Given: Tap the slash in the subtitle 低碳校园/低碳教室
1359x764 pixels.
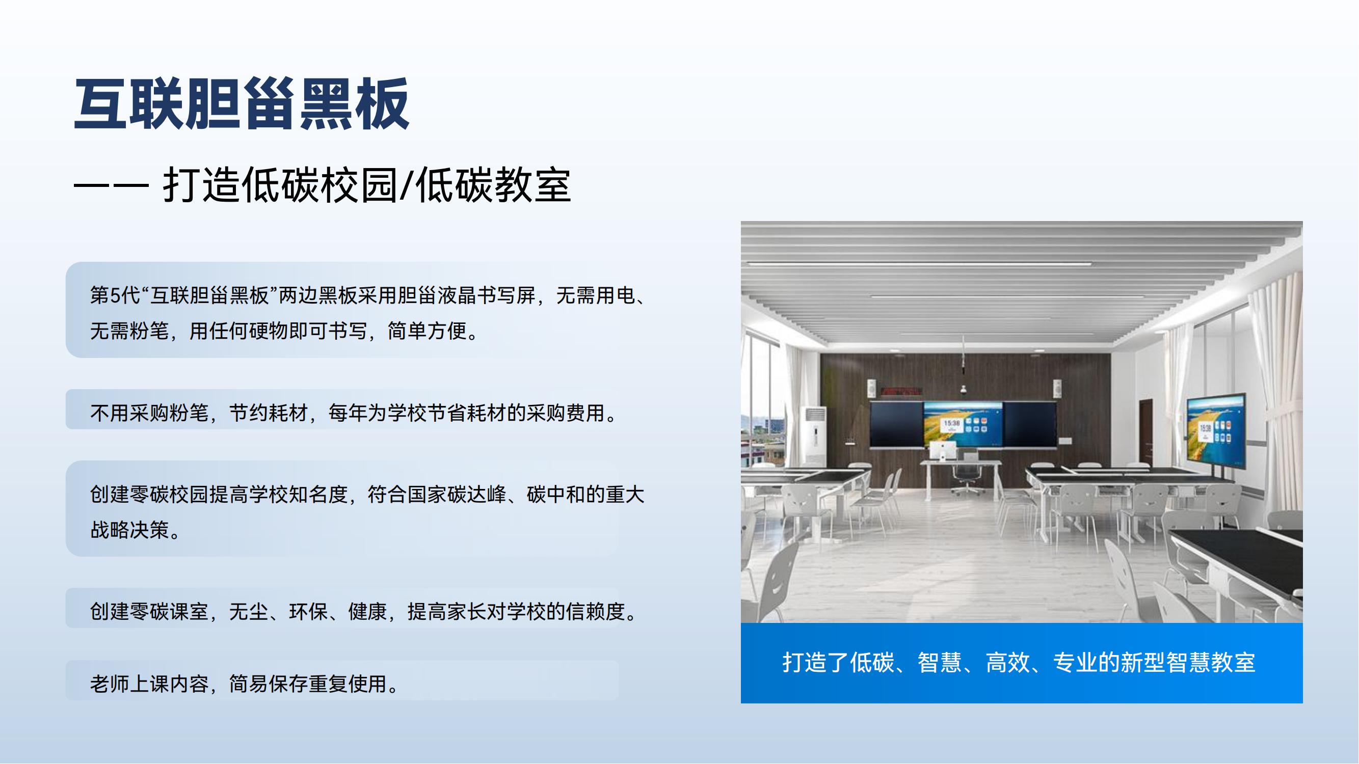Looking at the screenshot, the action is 406,185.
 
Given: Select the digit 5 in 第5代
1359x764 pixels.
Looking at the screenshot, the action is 116,295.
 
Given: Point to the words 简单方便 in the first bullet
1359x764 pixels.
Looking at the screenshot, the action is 428,331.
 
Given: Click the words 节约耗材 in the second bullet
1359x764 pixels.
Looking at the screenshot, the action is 269,413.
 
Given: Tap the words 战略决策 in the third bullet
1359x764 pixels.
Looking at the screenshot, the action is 130,530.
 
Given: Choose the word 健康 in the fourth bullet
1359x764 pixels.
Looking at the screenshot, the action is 368,612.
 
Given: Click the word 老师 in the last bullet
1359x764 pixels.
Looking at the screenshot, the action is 110,684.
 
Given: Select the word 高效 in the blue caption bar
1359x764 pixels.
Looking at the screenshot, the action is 1007,662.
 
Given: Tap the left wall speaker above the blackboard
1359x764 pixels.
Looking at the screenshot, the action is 872,388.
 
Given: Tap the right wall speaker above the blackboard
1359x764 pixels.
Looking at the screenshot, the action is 1057,389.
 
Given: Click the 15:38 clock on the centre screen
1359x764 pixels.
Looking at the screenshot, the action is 951,423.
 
